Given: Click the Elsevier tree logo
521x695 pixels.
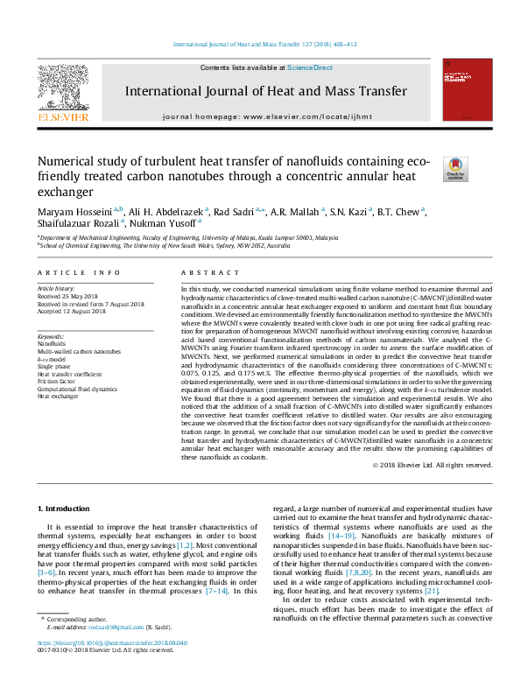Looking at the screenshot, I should [x=61, y=86].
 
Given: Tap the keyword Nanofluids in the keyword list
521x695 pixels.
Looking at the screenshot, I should [x=53, y=342].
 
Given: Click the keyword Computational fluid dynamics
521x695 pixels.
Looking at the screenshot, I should [x=78, y=388].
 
